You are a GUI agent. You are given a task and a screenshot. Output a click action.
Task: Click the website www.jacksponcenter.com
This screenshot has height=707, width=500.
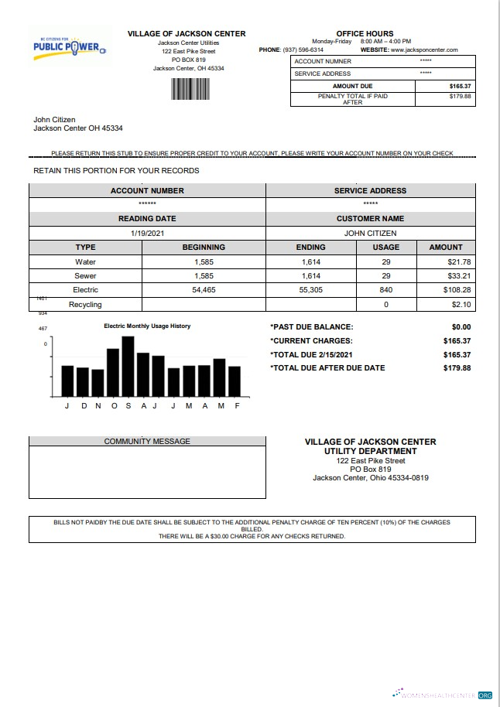425,50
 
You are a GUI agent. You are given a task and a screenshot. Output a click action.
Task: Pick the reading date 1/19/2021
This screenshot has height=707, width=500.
147,233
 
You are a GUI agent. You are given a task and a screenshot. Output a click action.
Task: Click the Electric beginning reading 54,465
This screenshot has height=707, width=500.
204,289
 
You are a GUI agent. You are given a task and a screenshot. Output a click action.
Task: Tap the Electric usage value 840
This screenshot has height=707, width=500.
385,289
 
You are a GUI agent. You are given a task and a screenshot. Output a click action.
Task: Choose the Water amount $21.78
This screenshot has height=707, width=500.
459,261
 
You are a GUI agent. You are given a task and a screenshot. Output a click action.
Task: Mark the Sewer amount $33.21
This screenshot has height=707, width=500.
459,275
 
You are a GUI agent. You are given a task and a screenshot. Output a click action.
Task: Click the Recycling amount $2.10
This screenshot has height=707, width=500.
461,304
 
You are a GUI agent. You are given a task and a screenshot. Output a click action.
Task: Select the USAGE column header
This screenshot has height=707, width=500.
385,248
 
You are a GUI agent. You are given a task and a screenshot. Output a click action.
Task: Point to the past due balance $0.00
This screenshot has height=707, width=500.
461,327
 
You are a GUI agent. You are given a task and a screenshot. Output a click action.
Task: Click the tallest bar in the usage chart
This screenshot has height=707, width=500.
128,366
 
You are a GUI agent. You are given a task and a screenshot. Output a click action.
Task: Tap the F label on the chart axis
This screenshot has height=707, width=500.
237,406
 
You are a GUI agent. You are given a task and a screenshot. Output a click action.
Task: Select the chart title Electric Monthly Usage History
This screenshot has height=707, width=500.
147,326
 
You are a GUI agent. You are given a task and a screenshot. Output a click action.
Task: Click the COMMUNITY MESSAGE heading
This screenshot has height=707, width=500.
147,442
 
